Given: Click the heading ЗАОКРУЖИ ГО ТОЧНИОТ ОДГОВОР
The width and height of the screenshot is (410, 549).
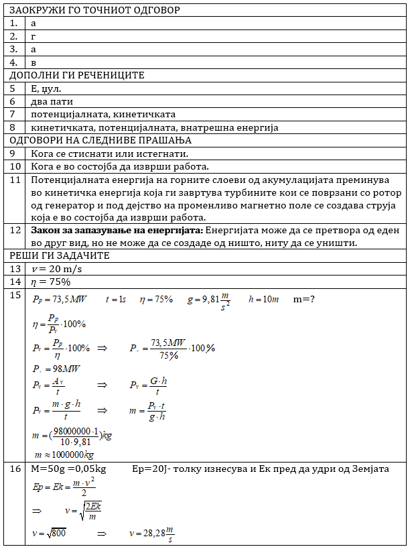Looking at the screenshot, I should coord(94,10).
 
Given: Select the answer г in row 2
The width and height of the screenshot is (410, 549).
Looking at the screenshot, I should coord(33,36).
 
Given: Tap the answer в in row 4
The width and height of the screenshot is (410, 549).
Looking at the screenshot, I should coord(33,62).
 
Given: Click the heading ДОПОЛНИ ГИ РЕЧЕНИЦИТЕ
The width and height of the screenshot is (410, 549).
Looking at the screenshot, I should coord(77,75).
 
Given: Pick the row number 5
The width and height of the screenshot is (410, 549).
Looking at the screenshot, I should coord(13,88).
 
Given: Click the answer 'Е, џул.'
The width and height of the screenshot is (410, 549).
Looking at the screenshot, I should coord(46,88).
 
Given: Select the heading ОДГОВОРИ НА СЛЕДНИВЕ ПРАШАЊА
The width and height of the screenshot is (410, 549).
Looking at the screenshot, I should coord(100,140).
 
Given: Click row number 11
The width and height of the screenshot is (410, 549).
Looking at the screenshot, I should coord(15,180).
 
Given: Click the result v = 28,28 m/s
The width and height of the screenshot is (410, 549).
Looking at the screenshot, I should coord(153,535).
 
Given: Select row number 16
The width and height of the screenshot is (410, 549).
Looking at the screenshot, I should coord(15,468).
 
